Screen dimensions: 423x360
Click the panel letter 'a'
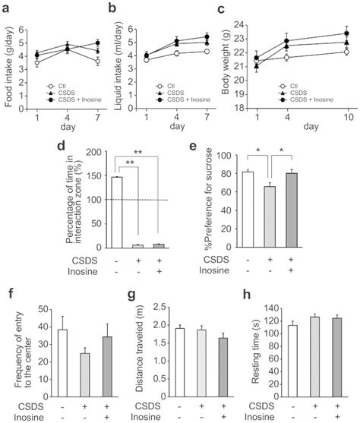point(8,8)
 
